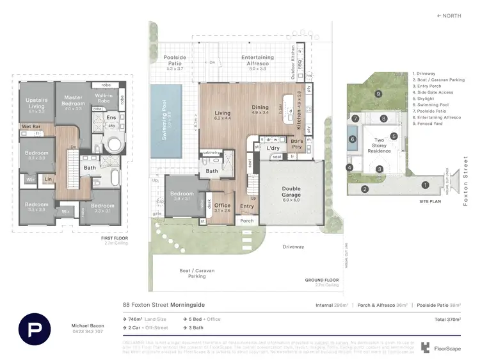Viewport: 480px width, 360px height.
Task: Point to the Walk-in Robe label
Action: (104, 99)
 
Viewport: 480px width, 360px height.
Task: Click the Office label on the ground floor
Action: (222, 206)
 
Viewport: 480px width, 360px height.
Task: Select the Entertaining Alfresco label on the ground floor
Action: (257, 60)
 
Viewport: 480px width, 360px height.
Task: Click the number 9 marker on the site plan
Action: (378, 94)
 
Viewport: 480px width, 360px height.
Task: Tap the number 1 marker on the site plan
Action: (425, 185)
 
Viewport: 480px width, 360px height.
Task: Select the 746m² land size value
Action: (138, 318)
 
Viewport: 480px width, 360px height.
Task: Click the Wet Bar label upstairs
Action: (31, 126)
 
